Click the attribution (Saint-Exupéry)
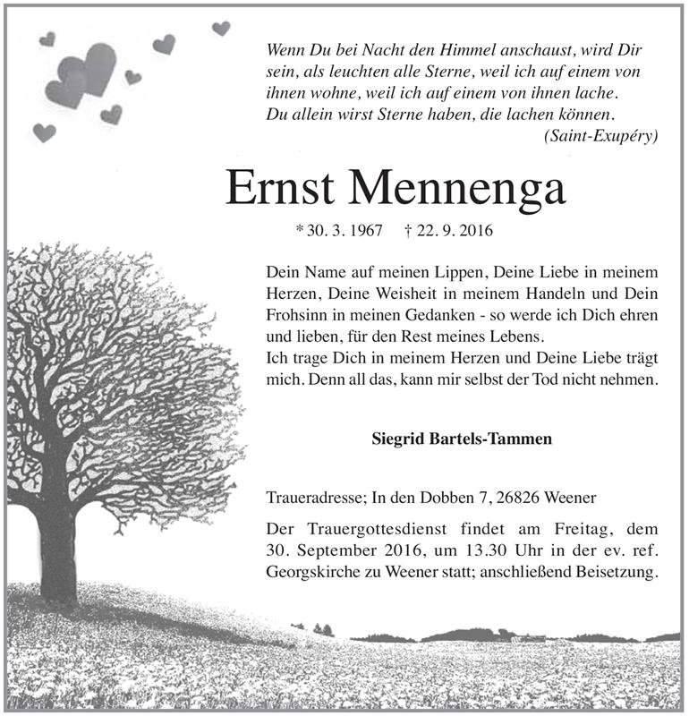coord(600,136)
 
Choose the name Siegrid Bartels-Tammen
coord(461,439)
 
